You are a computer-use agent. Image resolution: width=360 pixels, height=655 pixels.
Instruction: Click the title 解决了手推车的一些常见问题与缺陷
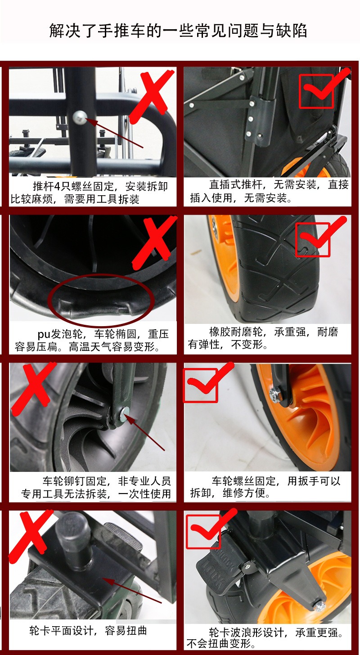178,31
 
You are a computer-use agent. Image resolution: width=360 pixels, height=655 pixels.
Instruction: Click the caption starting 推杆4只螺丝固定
89,193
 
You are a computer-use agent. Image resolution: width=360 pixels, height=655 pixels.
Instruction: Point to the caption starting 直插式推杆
269,191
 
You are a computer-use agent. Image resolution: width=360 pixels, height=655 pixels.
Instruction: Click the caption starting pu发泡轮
92,340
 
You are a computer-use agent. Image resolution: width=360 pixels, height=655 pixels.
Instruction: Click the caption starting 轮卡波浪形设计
265,638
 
